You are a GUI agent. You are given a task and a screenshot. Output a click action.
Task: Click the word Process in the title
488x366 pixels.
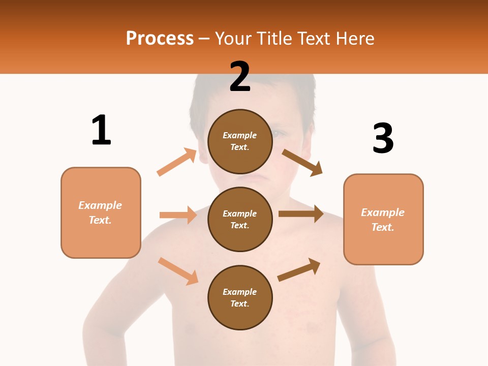coord(160,38)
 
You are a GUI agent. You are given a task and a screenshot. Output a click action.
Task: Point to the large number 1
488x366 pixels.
coord(101,130)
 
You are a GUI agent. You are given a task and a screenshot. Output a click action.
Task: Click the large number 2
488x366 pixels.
coord(240,77)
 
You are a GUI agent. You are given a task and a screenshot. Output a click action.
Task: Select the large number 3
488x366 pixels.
coord(383,138)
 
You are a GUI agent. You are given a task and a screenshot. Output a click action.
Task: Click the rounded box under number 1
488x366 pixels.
coord(101,212)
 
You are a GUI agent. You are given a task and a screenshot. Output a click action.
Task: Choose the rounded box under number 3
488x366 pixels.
coord(383,219)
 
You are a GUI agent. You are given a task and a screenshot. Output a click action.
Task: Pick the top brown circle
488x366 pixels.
coord(240,141)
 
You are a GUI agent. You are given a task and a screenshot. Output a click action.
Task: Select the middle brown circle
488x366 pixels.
coord(240,219)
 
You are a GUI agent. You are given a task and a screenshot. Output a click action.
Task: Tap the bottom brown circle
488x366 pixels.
coord(240,297)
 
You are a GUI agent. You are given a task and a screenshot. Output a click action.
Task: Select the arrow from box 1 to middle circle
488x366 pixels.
coord(178,215)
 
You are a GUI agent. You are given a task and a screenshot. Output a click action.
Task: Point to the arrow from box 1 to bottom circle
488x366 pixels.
coord(178,270)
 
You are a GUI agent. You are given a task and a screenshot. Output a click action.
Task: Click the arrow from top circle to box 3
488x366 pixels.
coord(302,162)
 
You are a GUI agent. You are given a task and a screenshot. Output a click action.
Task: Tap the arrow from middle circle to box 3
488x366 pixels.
coord(301,213)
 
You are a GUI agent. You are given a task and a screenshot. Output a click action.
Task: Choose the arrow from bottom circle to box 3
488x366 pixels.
coord(299,270)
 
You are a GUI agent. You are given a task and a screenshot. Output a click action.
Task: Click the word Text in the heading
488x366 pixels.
coord(315,38)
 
